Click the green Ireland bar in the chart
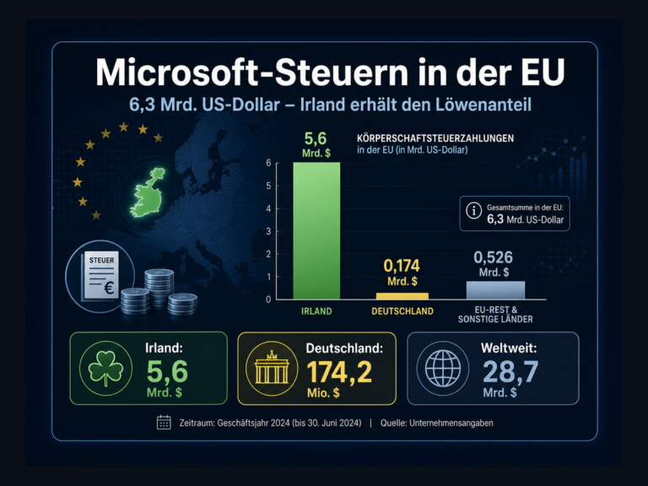316,230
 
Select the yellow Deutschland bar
402,296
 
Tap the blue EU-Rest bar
495,290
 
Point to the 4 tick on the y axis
268,208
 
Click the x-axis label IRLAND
316,311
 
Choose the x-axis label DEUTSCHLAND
402,311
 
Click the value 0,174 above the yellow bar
402,266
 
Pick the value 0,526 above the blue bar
493,257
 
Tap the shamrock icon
105,368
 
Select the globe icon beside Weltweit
443,368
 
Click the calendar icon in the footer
164,423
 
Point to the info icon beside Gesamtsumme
473,210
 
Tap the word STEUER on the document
101,261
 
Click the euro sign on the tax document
109,287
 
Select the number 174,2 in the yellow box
339,372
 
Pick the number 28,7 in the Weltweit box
510,371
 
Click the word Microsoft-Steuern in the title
252,73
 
